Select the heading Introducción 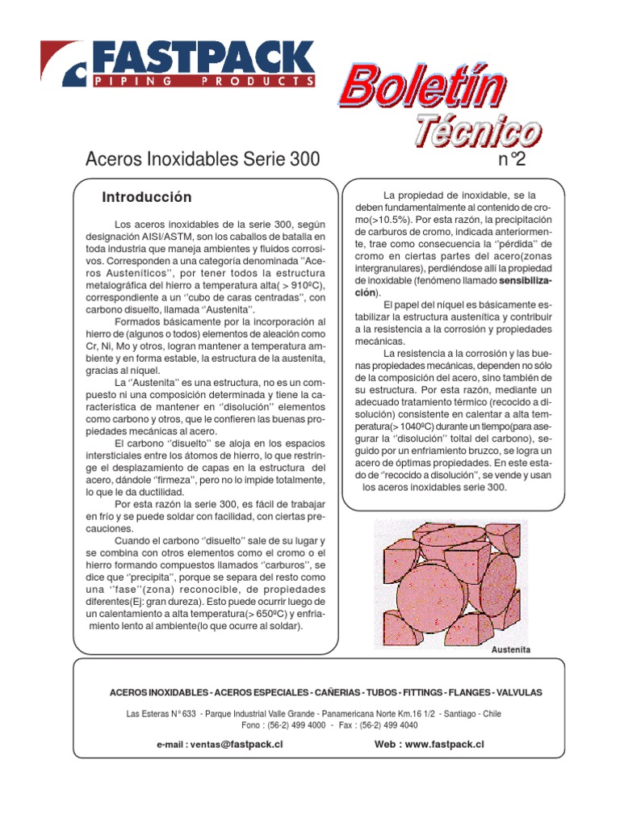147,198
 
